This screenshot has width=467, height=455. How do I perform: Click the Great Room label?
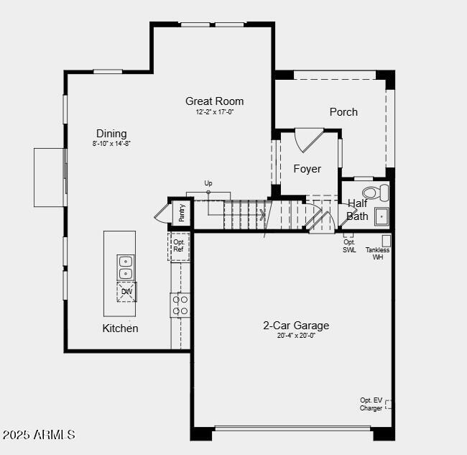pos(214,101)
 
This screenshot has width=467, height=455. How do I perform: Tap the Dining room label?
pos(111,134)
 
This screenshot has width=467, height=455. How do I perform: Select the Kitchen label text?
pos(120,328)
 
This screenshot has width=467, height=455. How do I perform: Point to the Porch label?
pos(343,112)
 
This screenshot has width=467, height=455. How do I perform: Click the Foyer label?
pos(307,169)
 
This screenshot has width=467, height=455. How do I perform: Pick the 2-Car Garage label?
pos(296,326)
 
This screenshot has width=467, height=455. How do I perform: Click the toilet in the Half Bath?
pos(375,193)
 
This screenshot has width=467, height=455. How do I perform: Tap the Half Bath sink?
pos(381,216)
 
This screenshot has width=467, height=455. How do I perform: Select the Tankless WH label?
pos(377,253)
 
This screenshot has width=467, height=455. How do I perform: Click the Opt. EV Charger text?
pos(371,404)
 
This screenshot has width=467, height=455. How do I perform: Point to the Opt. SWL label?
pos(349,246)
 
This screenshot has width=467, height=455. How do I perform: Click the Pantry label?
pos(182,213)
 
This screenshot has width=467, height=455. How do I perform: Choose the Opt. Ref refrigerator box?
pos(179,246)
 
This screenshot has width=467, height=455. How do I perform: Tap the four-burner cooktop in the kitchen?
pos(180,305)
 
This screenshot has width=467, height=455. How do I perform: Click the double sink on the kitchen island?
pos(126,267)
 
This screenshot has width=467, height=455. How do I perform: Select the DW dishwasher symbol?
pos(126,292)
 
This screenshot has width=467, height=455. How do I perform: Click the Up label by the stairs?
pos(208,183)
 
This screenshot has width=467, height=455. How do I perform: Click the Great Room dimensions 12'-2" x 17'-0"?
pos(215,112)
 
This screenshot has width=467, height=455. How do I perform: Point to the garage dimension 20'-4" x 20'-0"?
pos(296,336)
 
